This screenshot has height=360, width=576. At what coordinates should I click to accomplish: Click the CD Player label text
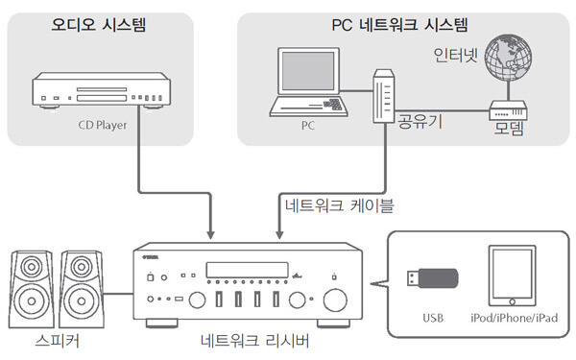pyautogui.click(x=103, y=125)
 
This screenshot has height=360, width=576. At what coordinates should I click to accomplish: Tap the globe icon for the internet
pyautogui.click(x=508, y=60)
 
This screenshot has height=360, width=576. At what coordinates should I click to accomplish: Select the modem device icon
pyautogui.click(x=508, y=110)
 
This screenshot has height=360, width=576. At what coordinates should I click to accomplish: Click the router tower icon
pyautogui.click(x=384, y=96)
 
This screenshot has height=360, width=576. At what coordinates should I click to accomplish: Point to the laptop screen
pyautogui.click(x=308, y=71)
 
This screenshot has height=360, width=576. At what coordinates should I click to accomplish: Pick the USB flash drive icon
pyautogui.click(x=432, y=277)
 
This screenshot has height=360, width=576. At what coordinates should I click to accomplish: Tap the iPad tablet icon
pyautogui.click(x=512, y=276)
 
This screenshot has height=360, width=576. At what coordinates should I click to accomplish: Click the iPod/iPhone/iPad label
pyautogui.click(x=514, y=318)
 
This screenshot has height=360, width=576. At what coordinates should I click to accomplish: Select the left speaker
pyautogui.click(x=32, y=290)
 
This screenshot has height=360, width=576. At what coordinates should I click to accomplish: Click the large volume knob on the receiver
pyautogui.click(x=335, y=300)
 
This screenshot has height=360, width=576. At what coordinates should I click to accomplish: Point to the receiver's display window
pyautogui.click(x=248, y=270)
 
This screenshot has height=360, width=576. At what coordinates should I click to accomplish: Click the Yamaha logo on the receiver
pyautogui.click(x=151, y=257)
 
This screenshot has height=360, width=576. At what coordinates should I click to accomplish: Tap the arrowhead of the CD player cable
pyautogui.click(x=210, y=235)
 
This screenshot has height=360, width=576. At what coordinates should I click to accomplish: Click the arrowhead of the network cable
pyautogui.click(x=279, y=235)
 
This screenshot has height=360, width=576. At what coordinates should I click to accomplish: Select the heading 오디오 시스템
pyautogui.click(x=99, y=25)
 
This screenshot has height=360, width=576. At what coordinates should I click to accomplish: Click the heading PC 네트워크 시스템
pyautogui.click(x=399, y=25)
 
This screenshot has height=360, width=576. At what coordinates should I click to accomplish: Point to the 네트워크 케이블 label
pyautogui.click(x=339, y=205)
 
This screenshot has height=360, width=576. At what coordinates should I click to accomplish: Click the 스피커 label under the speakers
pyautogui.click(x=57, y=341)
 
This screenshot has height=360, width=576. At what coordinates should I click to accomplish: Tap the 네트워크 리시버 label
pyautogui.click(x=255, y=341)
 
